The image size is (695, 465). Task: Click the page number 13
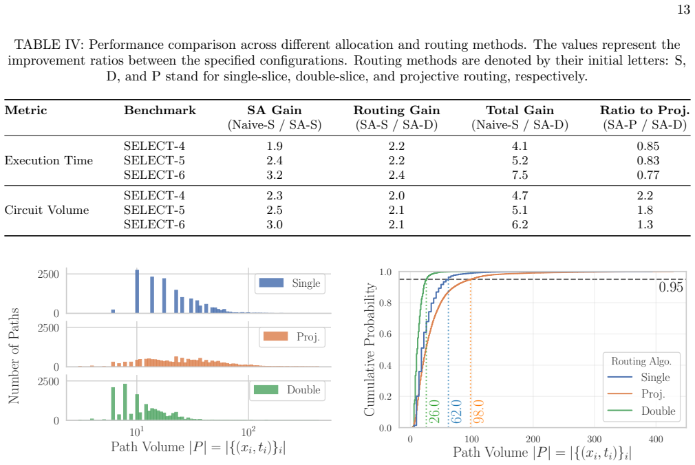(683, 10)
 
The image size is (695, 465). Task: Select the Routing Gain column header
(396, 110)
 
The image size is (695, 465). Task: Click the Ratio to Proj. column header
(645, 110)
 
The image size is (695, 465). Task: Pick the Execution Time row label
(49, 160)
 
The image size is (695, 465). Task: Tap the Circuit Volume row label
(47, 210)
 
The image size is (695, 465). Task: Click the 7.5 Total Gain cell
(520, 175)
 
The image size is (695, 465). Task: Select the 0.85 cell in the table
(648, 147)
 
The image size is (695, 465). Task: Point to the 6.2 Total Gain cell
(520, 225)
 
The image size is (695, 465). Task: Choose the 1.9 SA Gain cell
(275, 147)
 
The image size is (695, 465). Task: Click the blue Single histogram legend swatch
(271, 283)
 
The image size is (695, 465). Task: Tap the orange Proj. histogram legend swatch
(275, 336)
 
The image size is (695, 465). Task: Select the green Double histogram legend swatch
(266, 389)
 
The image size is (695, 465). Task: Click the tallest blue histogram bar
(137, 291)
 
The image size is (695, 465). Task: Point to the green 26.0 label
(434, 411)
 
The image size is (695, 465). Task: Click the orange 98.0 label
(479, 411)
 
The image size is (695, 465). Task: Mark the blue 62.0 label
(456, 411)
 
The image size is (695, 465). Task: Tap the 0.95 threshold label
(671, 288)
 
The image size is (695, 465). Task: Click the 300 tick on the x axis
(594, 440)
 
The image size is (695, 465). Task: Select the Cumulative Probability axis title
(370, 349)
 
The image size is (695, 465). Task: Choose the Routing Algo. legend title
(641, 361)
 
